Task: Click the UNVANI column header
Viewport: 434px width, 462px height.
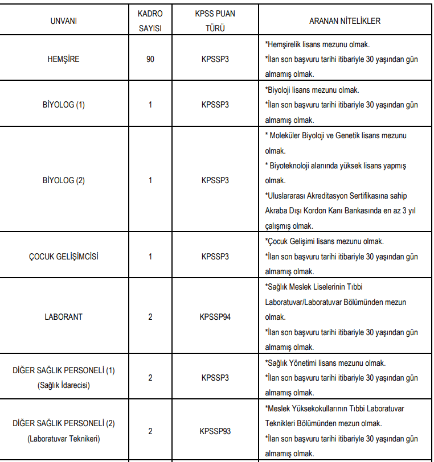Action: tap(64, 21)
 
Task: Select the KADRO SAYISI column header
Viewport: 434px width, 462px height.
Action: tap(150, 21)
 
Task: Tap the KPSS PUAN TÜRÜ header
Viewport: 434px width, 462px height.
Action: tap(215, 21)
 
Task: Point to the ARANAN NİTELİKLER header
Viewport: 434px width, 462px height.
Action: tap(345, 21)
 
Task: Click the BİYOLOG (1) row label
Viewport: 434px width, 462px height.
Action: tap(64, 105)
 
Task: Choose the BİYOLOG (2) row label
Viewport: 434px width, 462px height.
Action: tap(64, 180)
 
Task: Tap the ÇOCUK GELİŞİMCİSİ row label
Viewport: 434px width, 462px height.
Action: tap(64, 256)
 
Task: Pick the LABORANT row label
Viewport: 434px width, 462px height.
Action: tap(64, 317)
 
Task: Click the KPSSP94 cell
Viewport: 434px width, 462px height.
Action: tap(215, 317)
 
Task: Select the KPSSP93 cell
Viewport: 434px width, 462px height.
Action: tap(215, 431)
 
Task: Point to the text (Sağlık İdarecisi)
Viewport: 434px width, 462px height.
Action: tap(64, 385)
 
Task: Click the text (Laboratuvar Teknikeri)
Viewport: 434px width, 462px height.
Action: tap(64, 439)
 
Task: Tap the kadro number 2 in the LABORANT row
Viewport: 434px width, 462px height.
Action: tap(150, 317)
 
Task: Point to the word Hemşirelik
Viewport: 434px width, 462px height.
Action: tap(285, 44)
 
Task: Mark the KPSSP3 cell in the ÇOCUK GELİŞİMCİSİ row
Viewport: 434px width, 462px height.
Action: tap(215, 256)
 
